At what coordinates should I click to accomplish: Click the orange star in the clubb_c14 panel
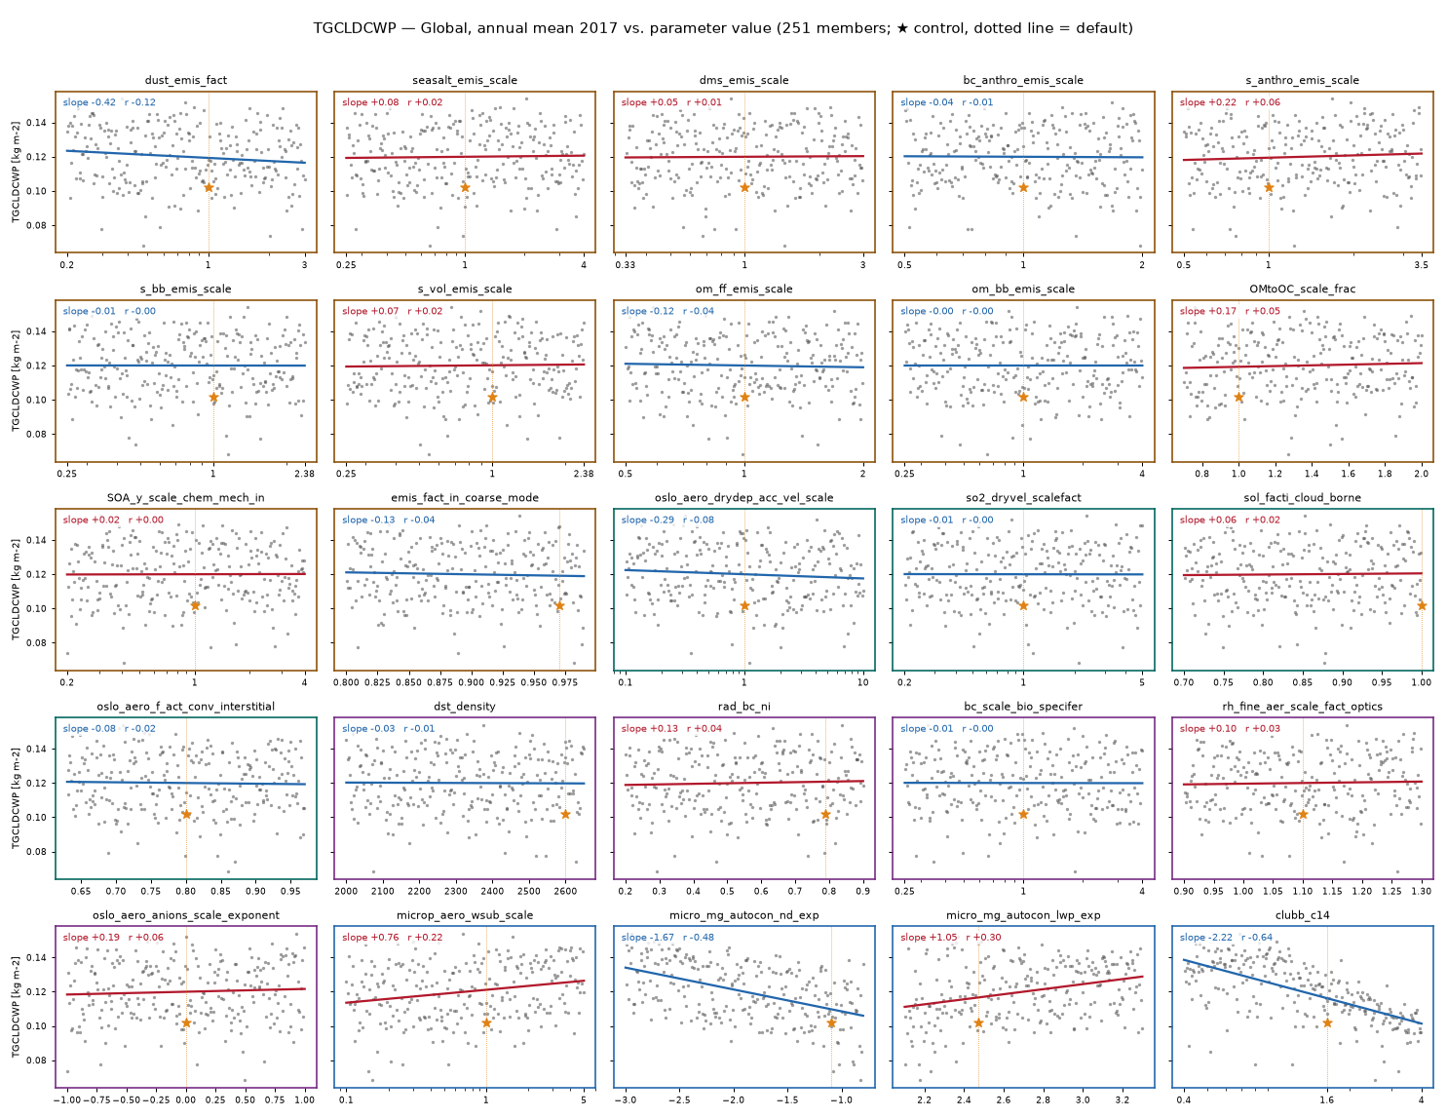click(1327, 1022)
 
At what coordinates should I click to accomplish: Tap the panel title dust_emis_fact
click(186, 80)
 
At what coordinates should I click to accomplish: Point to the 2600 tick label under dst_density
click(565, 891)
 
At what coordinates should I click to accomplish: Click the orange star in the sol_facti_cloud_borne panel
click(1422, 605)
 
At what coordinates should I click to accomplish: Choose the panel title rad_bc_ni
click(744, 706)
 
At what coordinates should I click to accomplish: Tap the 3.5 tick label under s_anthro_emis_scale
click(1421, 265)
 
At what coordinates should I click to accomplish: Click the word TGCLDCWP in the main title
click(355, 28)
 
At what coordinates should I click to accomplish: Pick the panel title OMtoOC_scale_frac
click(1303, 289)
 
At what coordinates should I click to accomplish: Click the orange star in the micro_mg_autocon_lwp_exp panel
click(978, 1022)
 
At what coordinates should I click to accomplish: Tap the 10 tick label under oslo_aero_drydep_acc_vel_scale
click(863, 682)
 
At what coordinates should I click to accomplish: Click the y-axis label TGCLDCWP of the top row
click(16, 172)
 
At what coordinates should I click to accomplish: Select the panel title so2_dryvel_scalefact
click(1023, 497)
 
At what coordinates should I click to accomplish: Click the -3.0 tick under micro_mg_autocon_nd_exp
click(626, 1100)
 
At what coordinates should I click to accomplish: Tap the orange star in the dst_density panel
click(565, 814)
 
